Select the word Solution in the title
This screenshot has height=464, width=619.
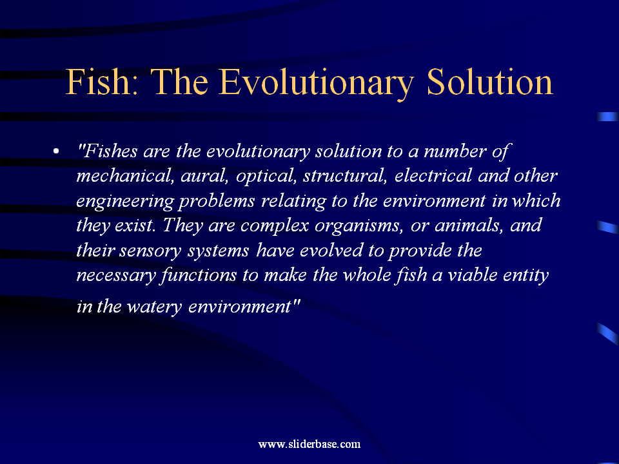[490, 82]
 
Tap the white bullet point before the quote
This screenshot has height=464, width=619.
[56, 151]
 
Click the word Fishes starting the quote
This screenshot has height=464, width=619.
[108, 151]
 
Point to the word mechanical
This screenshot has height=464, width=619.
[124, 176]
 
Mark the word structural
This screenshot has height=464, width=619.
[345, 176]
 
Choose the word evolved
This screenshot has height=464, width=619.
[331, 251]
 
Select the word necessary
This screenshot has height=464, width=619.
[116, 276]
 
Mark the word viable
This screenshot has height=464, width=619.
[472, 275]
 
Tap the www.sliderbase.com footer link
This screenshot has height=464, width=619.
[309, 444]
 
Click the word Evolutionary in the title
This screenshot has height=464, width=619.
[316, 82]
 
